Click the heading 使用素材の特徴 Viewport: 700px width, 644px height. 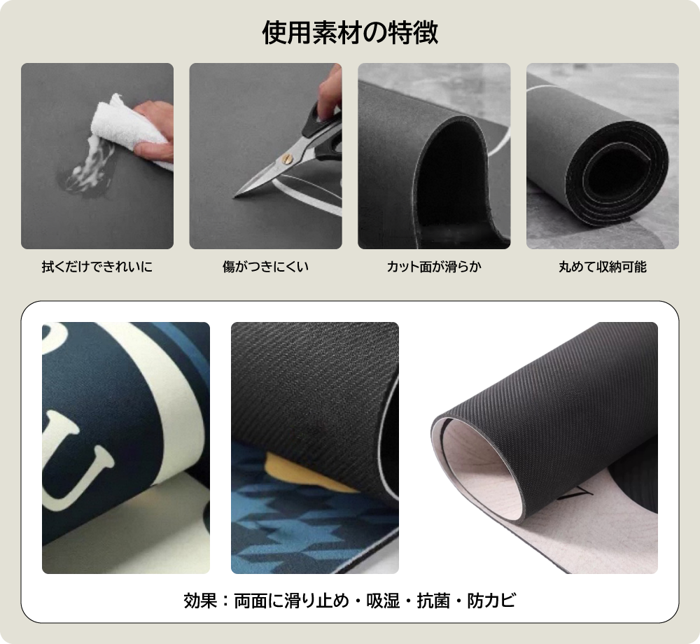pyautogui.click(x=350, y=33)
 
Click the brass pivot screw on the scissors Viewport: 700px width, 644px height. pyautogui.click(x=287, y=158)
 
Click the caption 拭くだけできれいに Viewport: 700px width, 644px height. pyautogui.click(x=97, y=267)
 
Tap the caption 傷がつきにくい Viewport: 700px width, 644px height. pyautogui.click(x=265, y=267)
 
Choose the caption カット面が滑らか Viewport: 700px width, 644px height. pyautogui.click(x=434, y=267)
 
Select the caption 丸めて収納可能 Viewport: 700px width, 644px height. pyautogui.click(x=603, y=267)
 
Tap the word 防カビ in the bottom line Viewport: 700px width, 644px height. pyautogui.click(x=491, y=601)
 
